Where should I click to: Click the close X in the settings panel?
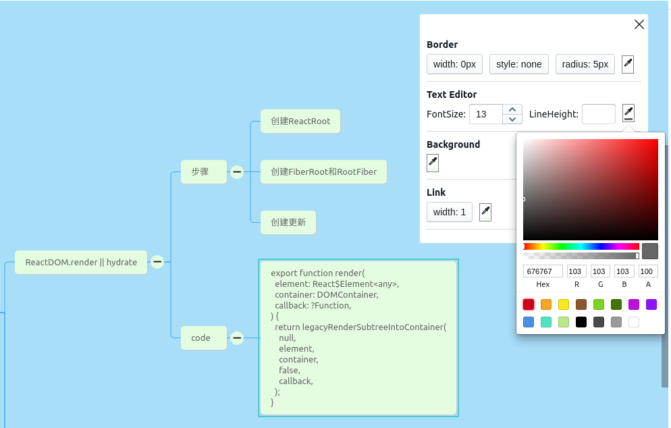(x=639, y=24)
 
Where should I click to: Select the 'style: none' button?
(x=518, y=64)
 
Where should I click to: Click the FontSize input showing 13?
(x=485, y=114)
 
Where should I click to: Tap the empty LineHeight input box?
(x=598, y=114)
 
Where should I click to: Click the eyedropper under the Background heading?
(x=433, y=163)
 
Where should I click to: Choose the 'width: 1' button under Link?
(x=449, y=212)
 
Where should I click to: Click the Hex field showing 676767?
(x=543, y=271)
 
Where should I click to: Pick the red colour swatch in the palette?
(x=529, y=304)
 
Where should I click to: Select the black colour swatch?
(x=581, y=322)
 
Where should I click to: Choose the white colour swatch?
(x=634, y=322)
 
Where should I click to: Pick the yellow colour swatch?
(x=564, y=304)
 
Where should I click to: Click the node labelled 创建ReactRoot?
(x=300, y=122)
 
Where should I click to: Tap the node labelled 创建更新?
(x=288, y=222)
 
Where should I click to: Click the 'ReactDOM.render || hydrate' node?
(x=81, y=262)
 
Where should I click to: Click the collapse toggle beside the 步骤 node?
(x=237, y=172)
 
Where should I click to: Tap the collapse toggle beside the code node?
(x=237, y=338)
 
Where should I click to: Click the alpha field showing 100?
(x=648, y=271)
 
